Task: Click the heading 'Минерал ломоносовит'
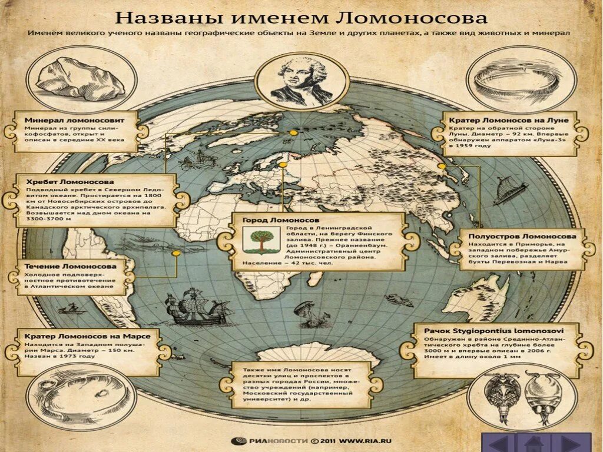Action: [x=74, y=119]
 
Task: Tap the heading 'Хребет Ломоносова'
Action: [x=69, y=182]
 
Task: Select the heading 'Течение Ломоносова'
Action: [x=70, y=266]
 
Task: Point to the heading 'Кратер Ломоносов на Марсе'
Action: [x=87, y=335]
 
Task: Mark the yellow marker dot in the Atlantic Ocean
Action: [x=175, y=253]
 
